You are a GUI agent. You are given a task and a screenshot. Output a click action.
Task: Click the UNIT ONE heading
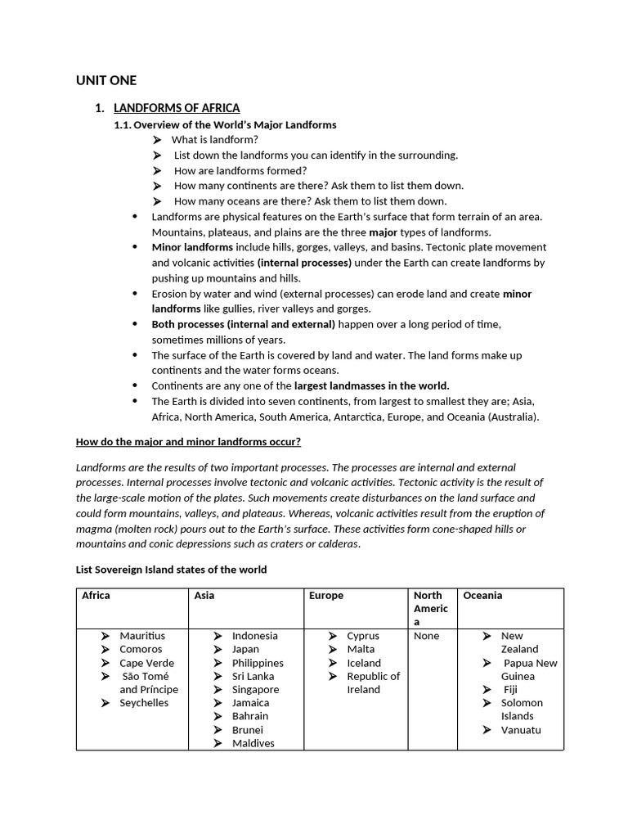pyautogui.click(x=106, y=80)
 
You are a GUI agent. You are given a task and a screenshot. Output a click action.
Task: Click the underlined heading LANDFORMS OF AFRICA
pyautogui.click(x=176, y=108)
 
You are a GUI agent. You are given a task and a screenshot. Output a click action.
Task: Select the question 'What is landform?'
pyautogui.click(x=214, y=140)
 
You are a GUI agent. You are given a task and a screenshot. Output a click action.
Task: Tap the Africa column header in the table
pyautogui.click(x=96, y=596)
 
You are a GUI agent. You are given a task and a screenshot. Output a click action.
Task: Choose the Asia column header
pyautogui.click(x=204, y=596)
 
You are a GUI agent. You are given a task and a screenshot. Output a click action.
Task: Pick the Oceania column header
pyautogui.click(x=482, y=596)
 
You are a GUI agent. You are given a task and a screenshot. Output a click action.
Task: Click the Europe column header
pyautogui.click(x=326, y=596)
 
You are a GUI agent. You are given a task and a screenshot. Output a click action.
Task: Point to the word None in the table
pyautogui.click(x=426, y=636)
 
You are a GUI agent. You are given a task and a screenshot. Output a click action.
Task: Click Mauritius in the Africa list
pyautogui.click(x=142, y=636)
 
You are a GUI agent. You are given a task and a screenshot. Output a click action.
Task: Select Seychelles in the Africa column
pyautogui.click(x=144, y=703)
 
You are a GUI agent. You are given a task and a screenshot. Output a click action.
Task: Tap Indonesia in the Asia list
pyautogui.click(x=254, y=636)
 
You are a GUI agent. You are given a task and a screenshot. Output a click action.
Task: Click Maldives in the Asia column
pyautogui.click(x=253, y=743)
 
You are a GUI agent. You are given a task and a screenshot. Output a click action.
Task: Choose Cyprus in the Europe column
pyautogui.click(x=363, y=636)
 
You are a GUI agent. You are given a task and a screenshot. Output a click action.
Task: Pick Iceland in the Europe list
pyautogui.click(x=364, y=663)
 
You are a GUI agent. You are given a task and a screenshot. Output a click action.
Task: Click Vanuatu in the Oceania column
pyautogui.click(x=521, y=730)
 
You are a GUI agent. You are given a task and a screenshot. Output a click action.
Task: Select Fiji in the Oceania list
pyautogui.click(x=511, y=690)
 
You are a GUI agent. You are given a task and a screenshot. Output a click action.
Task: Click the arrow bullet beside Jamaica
pyautogui.click(x=218, y=703)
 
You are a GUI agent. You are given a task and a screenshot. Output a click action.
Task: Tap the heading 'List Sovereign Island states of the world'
pyautogui.click(x=171, y=570)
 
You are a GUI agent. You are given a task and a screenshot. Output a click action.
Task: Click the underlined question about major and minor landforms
pyautogui.click(x=188, y=442)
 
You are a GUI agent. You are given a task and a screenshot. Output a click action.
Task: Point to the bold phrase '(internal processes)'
pyautogui.click(x=304, y=263)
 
